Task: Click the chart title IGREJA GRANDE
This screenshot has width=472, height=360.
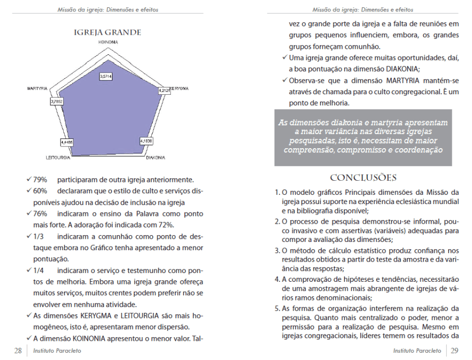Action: (x=108, y=33)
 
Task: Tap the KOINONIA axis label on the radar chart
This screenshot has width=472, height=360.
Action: (x=108, y=41)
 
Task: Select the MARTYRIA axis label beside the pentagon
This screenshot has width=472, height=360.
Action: (x=38, y=89)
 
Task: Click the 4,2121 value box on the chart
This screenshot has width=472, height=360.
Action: (x=164, y=91)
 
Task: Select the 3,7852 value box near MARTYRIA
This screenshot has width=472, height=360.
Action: (x=57, y=102)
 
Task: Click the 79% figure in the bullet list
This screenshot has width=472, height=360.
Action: (x=40, y=180)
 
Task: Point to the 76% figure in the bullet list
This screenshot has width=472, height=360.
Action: (x=40, y=214)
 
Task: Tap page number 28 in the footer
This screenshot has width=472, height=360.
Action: (x=18, y=351)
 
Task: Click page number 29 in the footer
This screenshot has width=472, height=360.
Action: (x=454, y=351)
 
